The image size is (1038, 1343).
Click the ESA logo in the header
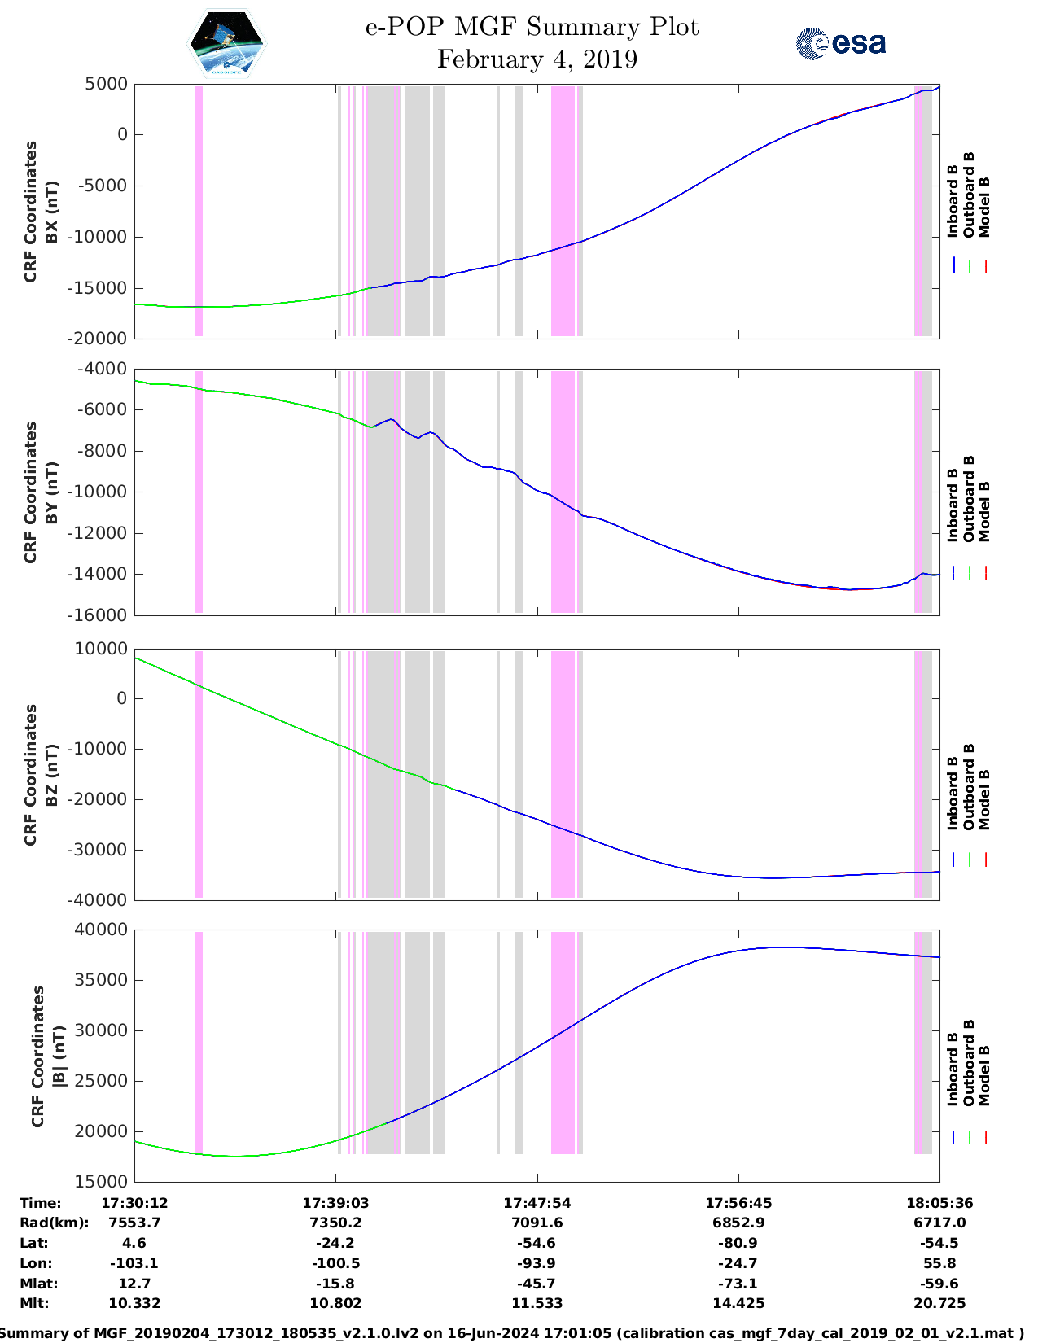pos(841,43)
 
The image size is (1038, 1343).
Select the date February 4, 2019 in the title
pos(537,60)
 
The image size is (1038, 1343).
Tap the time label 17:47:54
pos(537,1203)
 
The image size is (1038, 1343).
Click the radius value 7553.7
pos(134,1223)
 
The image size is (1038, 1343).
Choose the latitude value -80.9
pos(738,1243)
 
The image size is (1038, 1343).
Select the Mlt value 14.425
pos(738,1303)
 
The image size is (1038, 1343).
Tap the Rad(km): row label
pos(54,1223)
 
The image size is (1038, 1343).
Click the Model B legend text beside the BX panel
pos(984,207)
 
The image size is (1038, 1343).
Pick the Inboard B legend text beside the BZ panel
pos(953,793)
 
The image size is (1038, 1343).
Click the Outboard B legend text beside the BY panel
pos(969,498)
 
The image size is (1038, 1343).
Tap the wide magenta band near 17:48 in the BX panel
pos(563,210)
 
